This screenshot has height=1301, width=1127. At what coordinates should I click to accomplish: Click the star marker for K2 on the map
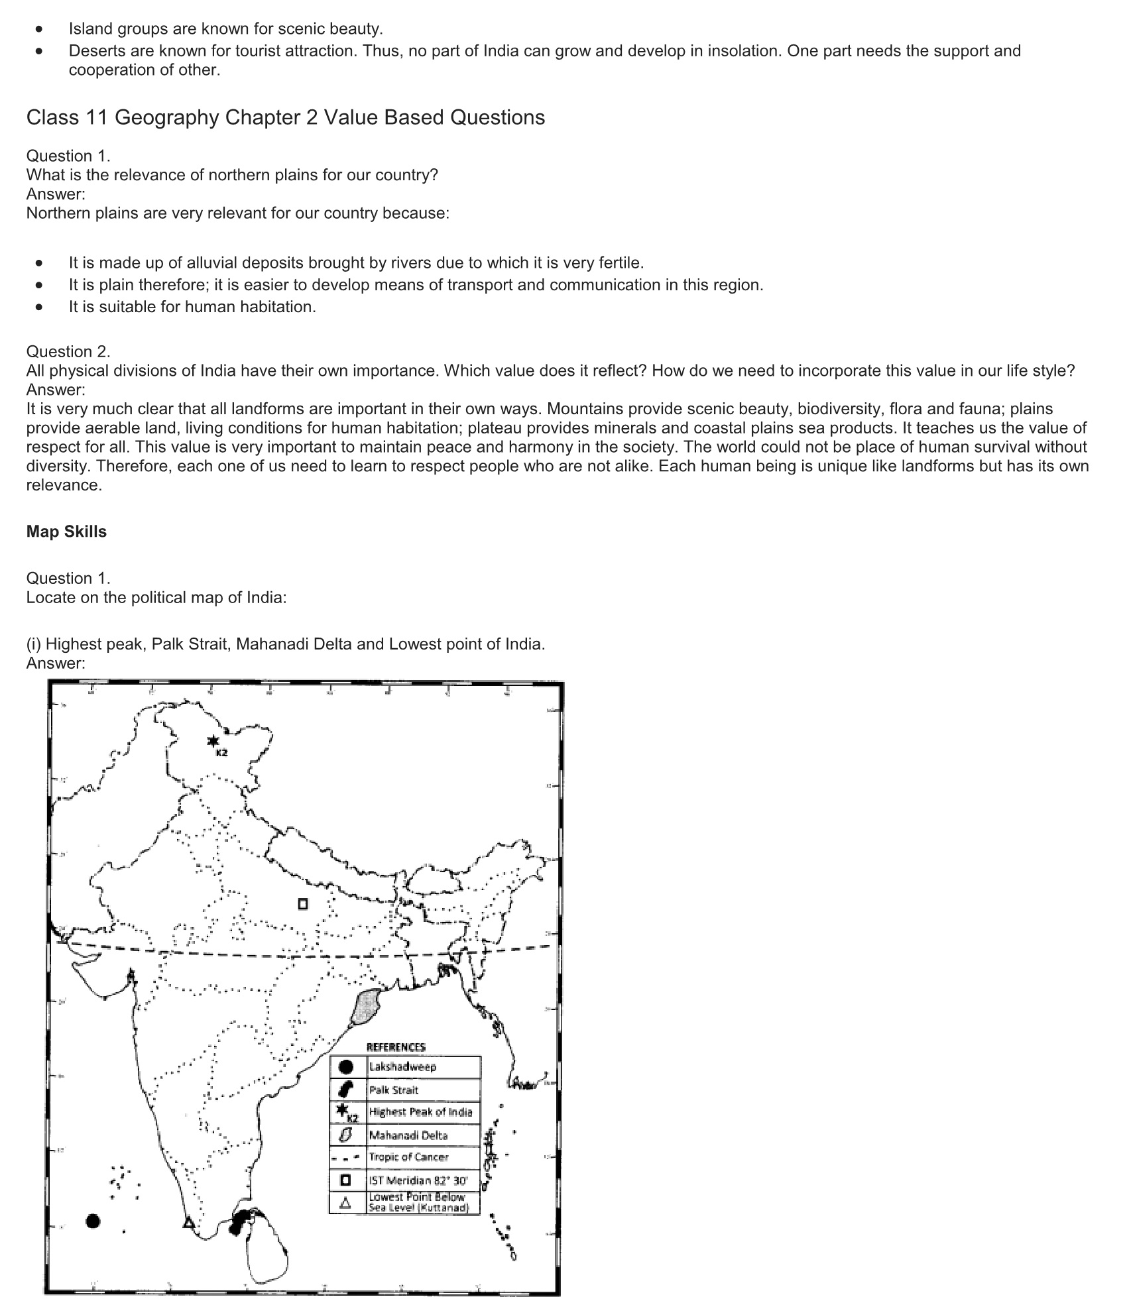[x=213, y=742]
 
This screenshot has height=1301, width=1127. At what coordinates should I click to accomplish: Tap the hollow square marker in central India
[x=303, y=903]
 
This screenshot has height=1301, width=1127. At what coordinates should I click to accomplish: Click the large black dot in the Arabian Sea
[x=93, y=1221]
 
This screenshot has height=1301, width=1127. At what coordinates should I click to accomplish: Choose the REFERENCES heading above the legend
[x=396, y=1047]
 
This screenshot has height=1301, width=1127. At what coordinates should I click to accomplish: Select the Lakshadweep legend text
[x=402, y=1067]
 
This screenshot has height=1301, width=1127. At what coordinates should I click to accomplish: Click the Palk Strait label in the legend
[x=394, y=1090]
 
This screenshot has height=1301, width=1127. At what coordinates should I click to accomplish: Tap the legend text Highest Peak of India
[x=420, y=1112]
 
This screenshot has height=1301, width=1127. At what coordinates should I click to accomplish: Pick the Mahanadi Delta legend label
[x=408, y=1135]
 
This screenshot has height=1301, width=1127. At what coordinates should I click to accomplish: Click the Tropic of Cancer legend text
[x=408, y=1157]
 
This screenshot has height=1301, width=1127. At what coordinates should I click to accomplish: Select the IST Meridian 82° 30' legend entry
[x=418, y=1180]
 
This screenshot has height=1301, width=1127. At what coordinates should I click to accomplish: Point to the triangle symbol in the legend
[x=345, y=1203]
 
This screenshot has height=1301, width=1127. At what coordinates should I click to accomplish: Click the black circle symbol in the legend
[x=345, y=1067]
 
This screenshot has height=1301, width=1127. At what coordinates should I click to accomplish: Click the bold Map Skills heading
[x=66, y=532]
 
